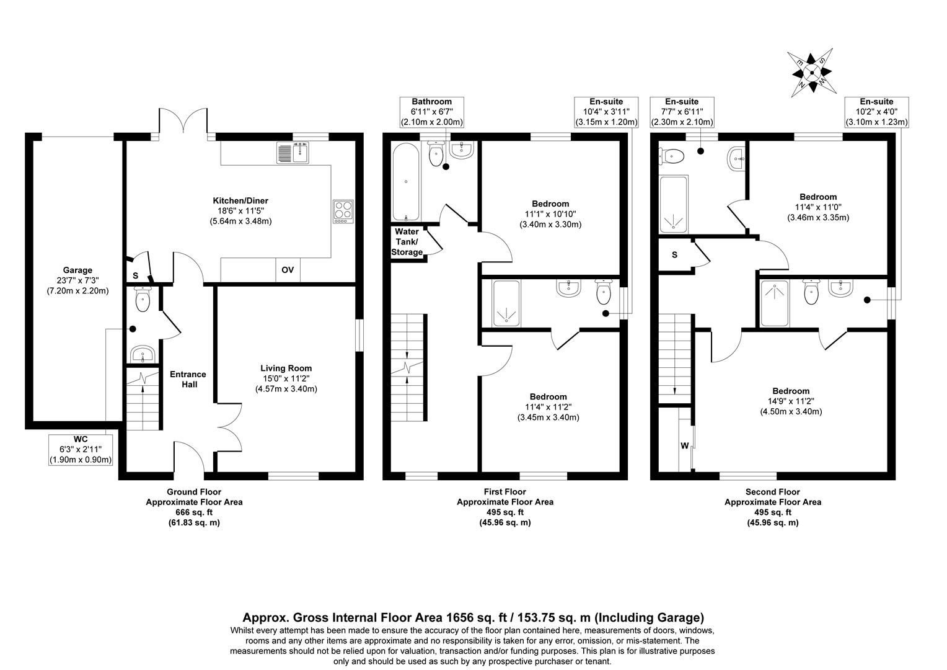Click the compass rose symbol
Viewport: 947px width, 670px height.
(810, 70)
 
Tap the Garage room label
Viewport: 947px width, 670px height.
(77, 280)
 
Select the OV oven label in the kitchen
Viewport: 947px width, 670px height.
(288, 270)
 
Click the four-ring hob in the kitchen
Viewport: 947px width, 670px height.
(343, 212)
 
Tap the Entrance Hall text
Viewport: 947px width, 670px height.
(189, 379)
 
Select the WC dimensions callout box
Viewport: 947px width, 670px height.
(81, 449)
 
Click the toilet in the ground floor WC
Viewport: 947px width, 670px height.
(143, 301)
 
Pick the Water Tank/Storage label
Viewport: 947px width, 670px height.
(407, 242)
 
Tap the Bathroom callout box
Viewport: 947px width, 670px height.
(432, 112)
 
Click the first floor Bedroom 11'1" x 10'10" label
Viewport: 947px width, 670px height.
(550, 214)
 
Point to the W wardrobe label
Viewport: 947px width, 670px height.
(685, 445)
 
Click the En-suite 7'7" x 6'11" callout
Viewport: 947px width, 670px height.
(682, 112)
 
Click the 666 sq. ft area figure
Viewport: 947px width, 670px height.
(194, 512)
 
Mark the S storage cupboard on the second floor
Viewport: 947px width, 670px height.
(674, 254)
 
